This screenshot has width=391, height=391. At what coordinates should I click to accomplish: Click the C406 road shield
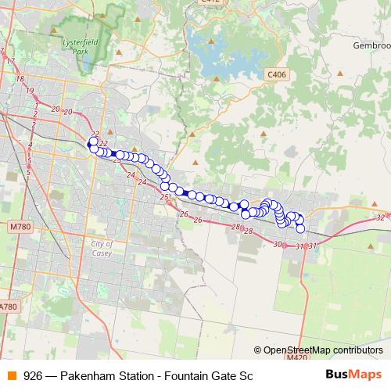pos(275,74)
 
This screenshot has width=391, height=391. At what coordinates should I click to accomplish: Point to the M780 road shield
pos(20,227)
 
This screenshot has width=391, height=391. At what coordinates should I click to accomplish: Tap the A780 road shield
pos(9,307)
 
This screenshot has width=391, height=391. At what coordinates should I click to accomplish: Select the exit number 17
pos(10,60)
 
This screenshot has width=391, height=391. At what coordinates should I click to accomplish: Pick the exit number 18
pos(20,79)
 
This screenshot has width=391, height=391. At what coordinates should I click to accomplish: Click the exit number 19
pos(30,91)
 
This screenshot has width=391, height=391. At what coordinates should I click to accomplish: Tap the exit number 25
pos(163,198)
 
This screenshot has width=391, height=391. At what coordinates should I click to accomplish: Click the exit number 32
pos(380,217)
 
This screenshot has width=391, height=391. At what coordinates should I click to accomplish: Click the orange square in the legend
pos(11,375)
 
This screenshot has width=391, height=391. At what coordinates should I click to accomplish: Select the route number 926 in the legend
pos(33,375)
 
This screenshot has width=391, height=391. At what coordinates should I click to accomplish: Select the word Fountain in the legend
pos(185,375)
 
